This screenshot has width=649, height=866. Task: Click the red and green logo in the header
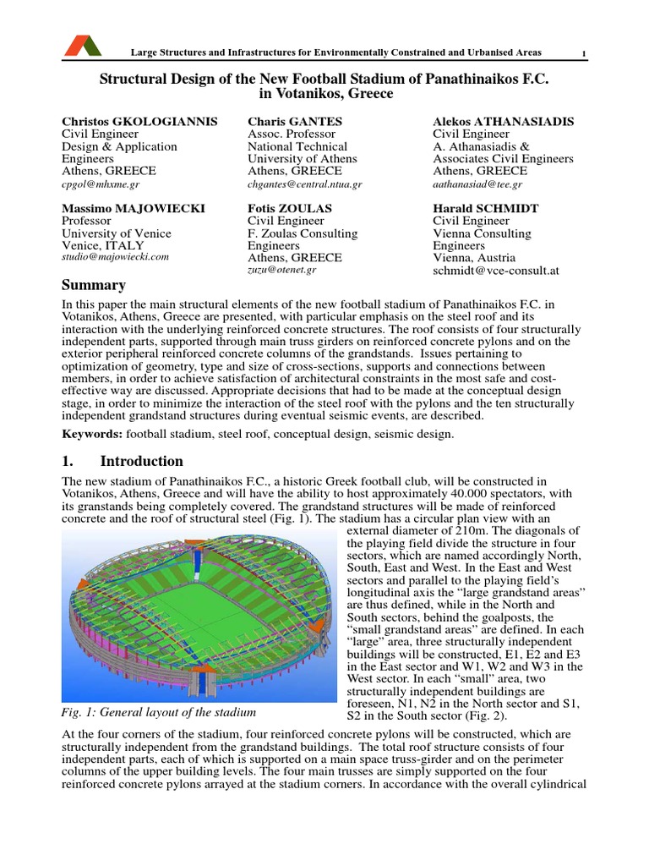82,46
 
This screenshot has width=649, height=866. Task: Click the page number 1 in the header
583,55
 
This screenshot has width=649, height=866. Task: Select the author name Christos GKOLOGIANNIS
140,122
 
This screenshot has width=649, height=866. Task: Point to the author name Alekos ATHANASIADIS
504,122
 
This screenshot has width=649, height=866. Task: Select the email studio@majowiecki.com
116,256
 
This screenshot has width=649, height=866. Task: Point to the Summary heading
94,285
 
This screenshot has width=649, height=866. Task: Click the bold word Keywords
92,434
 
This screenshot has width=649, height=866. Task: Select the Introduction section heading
141,461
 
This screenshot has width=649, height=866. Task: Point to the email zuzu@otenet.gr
282,269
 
